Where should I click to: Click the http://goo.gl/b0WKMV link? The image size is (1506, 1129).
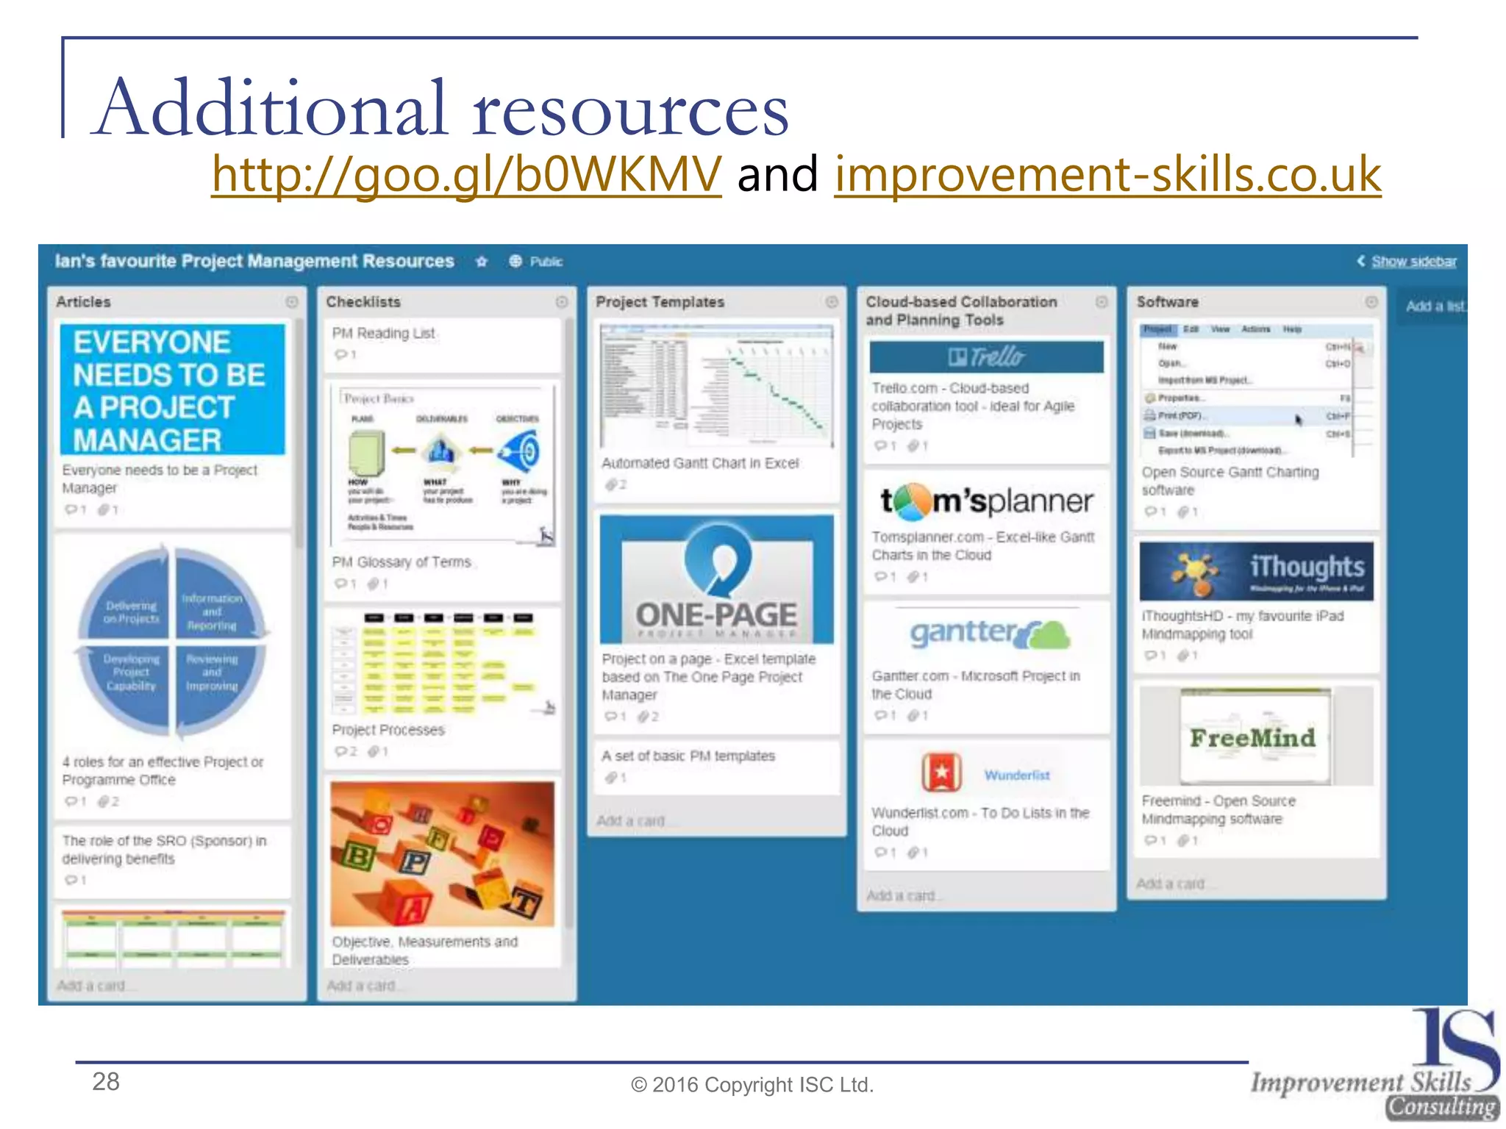466,175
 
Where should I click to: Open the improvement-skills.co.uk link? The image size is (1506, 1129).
1107,175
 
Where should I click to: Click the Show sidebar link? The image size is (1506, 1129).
1413,262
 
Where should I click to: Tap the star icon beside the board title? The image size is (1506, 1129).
482,262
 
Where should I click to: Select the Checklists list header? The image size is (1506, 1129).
363,302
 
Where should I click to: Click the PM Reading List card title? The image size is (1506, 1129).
383,334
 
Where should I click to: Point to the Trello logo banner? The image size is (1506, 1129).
986,357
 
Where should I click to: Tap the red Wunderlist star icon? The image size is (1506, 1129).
941,773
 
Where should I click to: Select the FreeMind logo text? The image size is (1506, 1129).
1252,738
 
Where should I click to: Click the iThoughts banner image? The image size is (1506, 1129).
1256,571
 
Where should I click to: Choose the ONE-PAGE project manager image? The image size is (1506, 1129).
717,581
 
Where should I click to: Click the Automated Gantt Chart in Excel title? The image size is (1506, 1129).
700,464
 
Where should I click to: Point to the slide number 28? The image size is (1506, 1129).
106,1082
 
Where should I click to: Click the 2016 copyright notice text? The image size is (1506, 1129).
752,1085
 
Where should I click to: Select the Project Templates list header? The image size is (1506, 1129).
660,302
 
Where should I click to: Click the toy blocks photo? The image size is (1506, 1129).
443,854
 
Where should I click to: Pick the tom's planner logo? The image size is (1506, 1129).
986,501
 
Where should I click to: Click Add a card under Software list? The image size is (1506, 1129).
1171,884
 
